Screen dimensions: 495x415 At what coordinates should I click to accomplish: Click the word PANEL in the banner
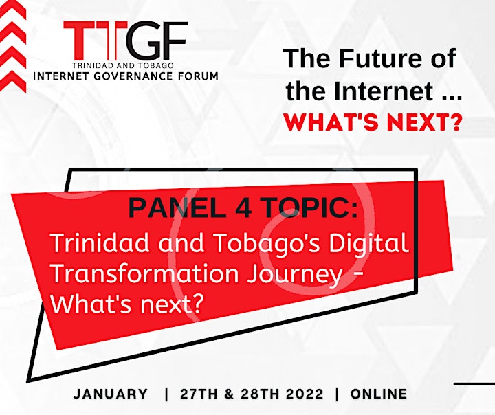pyautogui.click(x=177, y=207)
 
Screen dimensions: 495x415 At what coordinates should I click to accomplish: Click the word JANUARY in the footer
pyautogui.click(x=111, y=394)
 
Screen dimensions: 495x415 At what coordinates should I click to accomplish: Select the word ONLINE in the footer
pyautogui.click(x=379, y=394)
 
